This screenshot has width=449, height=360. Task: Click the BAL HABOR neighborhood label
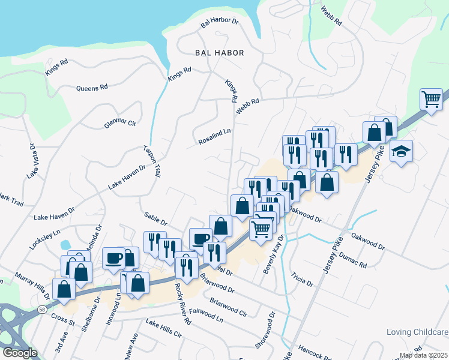point(220,53)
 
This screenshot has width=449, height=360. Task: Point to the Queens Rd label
point(92,88)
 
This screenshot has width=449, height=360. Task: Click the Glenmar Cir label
point(120,122)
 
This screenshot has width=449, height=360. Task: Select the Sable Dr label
point(155,218)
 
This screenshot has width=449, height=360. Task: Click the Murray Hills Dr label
point(31,281)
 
